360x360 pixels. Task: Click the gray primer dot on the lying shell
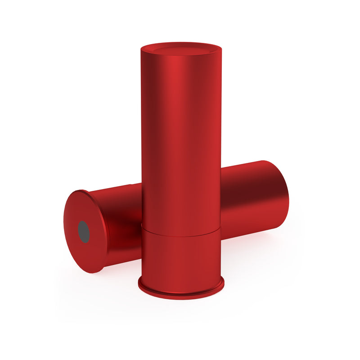84,232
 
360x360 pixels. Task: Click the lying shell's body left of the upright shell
121,220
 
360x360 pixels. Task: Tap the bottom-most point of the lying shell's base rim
92,272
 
